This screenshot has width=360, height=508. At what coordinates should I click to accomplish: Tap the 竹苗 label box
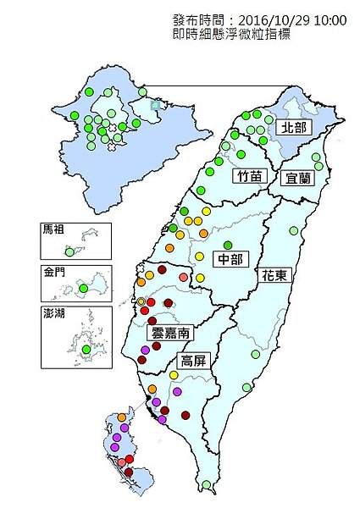(x=249, y=175)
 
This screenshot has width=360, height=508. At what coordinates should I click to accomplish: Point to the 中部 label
(x=230, y=258)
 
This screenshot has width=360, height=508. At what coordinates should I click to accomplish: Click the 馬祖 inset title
(x=52, y=229)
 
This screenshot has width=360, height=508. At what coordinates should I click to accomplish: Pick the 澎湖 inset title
(x=52, y=312)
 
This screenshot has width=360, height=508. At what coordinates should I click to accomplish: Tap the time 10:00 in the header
(x=330, y=19)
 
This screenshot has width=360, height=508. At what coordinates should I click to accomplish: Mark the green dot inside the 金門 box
(x=83, y=290)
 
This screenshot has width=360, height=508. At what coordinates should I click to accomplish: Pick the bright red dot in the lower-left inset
(x=130, y=459)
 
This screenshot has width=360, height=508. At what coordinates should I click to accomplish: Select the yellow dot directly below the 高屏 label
(x=173, y=374)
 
